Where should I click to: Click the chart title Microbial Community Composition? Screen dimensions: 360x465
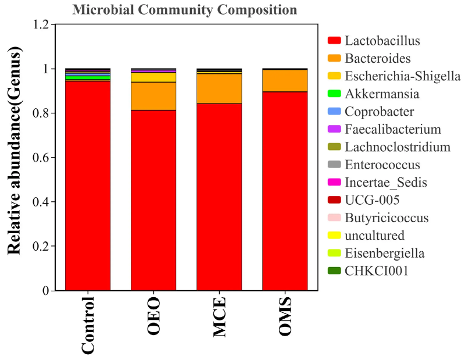pyautogui.click(x=185, y=10)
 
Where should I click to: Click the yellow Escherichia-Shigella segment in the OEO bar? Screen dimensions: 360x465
pyautogui.click(x=153, y=77)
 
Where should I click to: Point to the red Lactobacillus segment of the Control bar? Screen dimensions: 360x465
pyautogui.click(x=88, y=186)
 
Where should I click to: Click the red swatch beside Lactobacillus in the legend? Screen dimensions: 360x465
pyautogui.click(x=334, y=41)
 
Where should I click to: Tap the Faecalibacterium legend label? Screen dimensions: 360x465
pyautogui.click(x=392, y=129)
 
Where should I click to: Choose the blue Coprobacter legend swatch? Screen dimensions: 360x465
pyautogui.click(x=334, y=112)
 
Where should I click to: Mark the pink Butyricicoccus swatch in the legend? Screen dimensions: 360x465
pyautogui.click(x=334, y=218)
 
